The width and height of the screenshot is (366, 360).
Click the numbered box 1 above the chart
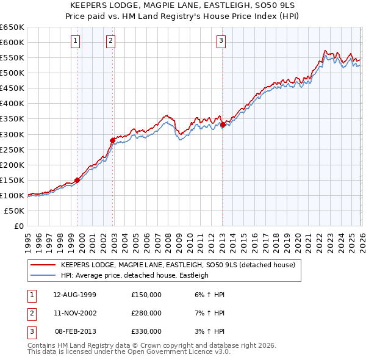[75, 41]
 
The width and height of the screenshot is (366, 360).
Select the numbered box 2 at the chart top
[110, 41]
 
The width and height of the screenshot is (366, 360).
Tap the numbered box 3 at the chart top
[221, 41]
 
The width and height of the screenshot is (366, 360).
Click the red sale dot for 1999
[77, 180]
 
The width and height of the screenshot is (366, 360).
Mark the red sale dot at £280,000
[112, 140]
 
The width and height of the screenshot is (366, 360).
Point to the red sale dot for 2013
[223, 124]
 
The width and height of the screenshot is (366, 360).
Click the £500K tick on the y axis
[12, 73]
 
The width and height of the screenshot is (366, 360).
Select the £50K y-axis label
[14, 211]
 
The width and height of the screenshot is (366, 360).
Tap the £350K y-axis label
[12, 118]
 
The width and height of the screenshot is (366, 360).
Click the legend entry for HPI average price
[134, 275]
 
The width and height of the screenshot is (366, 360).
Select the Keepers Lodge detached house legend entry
[178, 265]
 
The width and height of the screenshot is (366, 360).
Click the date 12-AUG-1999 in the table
[75, 295]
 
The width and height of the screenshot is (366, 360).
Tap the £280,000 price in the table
[146, 313]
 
